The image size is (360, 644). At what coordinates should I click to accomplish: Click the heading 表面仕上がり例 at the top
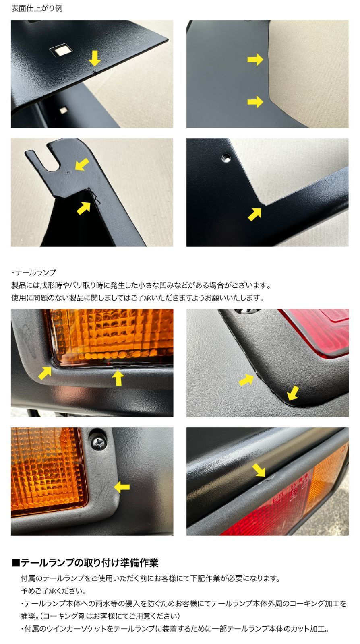37,8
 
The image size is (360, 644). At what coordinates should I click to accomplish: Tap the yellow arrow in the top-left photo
95,58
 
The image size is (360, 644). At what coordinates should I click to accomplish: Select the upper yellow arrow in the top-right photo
255,60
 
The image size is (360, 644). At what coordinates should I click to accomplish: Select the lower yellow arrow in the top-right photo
255,101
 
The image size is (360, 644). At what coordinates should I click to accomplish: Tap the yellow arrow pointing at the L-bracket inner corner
254,214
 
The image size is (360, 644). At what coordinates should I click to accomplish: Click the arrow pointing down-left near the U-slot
82,164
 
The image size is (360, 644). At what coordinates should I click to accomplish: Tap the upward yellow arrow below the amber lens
118,378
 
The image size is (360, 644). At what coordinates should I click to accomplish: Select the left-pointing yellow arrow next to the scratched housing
122,487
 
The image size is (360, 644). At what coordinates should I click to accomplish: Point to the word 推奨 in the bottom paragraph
29,616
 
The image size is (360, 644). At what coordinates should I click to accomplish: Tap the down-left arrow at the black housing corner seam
293,393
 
